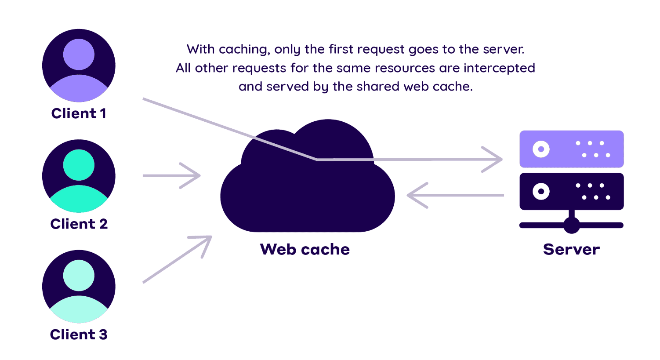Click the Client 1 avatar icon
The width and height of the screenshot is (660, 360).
79,65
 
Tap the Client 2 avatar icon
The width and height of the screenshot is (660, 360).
79,176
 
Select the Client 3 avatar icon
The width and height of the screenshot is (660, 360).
79,287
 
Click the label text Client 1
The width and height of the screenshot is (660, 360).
79,113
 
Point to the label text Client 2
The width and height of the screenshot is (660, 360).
79,224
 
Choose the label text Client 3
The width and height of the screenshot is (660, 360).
79,335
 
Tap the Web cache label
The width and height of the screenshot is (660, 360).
305,249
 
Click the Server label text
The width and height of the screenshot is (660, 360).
571,249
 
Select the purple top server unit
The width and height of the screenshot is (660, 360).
571,149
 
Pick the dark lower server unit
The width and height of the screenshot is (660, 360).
571,191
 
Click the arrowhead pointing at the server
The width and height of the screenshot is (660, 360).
494,159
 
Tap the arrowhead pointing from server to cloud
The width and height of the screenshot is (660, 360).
416,195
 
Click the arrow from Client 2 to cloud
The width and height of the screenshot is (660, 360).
171,176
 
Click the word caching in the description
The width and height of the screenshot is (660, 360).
244,49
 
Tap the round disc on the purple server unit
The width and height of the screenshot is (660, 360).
541,149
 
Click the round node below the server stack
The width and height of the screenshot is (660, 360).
571,225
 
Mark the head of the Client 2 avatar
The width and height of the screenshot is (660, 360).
79,165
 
